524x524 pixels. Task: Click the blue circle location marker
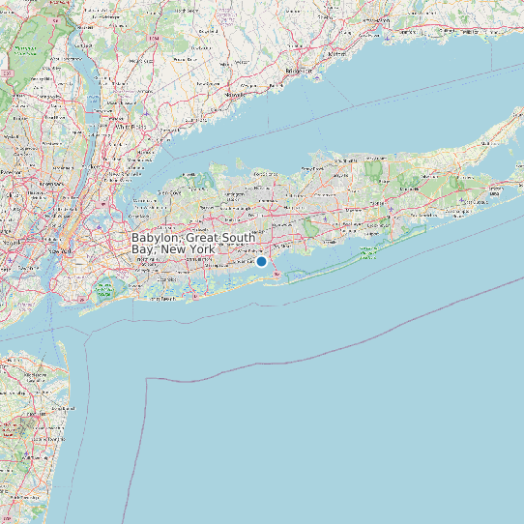[261, 261]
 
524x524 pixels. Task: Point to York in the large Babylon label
[201, 249]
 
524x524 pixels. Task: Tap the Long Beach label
[166, 300]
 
